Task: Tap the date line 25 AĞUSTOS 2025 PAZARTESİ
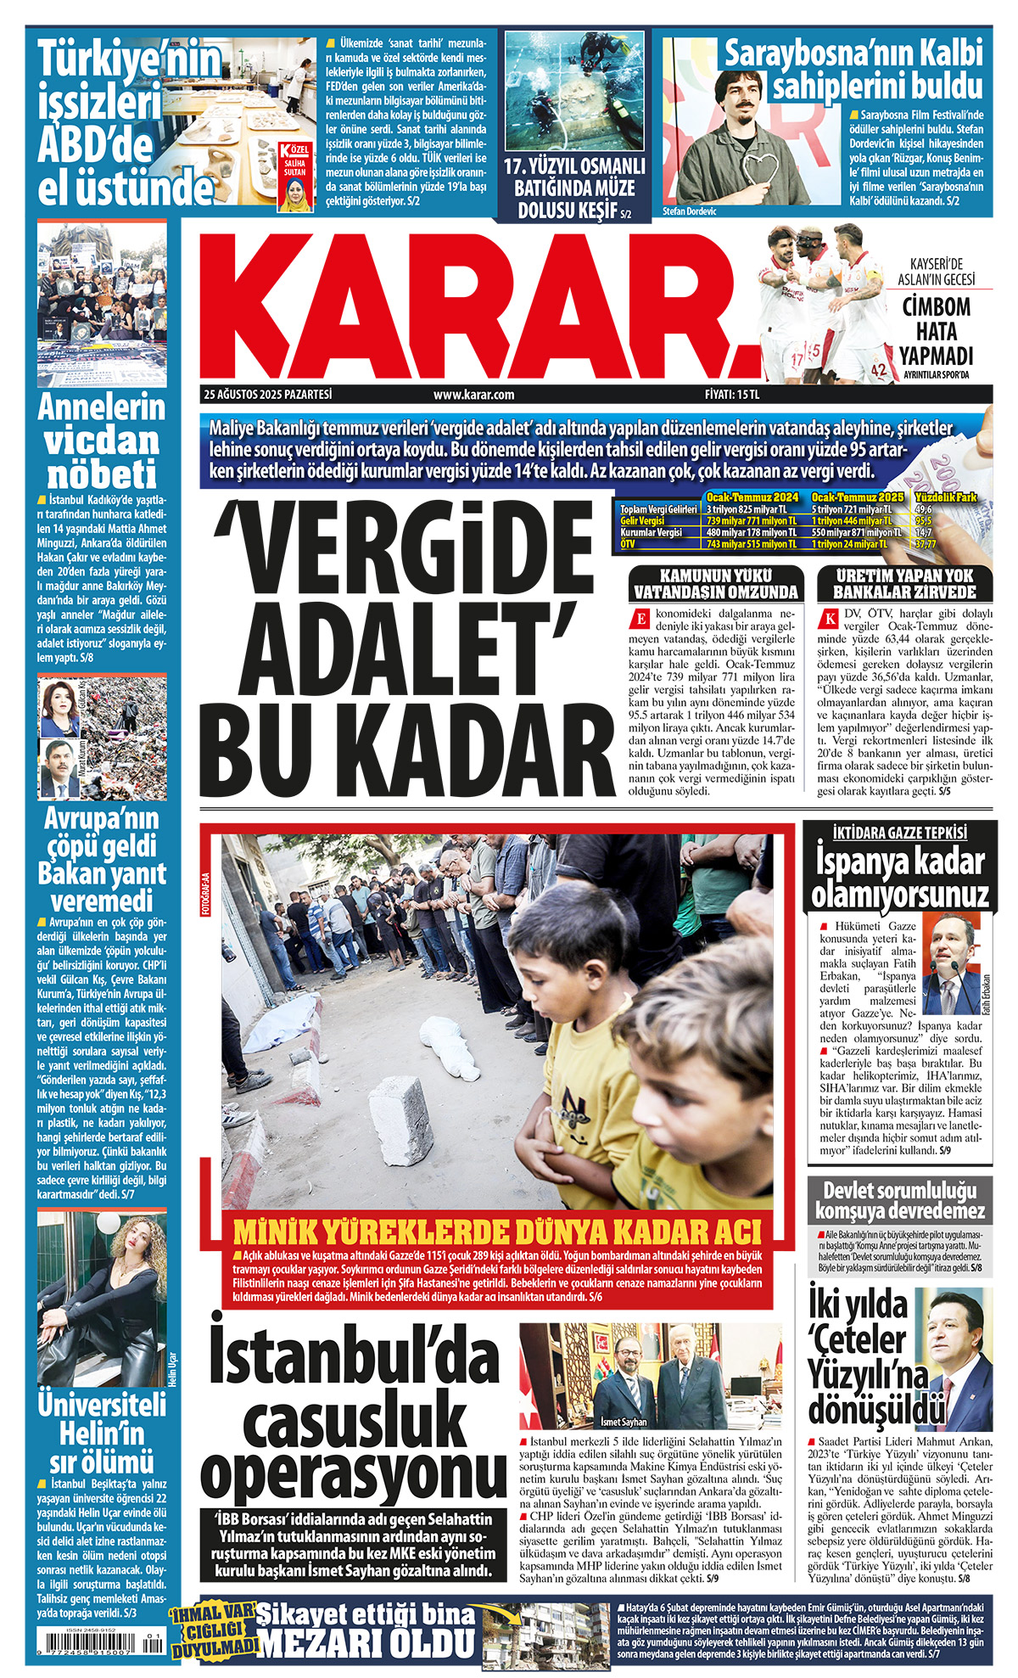[x=267, y=395]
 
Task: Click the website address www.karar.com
[x=473, y=395]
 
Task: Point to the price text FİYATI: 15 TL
[x=731, y=395]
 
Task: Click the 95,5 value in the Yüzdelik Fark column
[x=924, y=520]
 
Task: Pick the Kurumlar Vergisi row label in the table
[x=651, y=532]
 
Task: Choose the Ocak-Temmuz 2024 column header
[x=752, y=497]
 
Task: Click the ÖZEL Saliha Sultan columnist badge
[x=296, y=177]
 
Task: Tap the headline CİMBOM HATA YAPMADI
[x=936, y=331]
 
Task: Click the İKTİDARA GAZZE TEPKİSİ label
[x=899, y=833]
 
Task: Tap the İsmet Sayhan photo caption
[x=624, y=1422]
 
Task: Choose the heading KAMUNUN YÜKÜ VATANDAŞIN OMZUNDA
[x=716, y=584]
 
